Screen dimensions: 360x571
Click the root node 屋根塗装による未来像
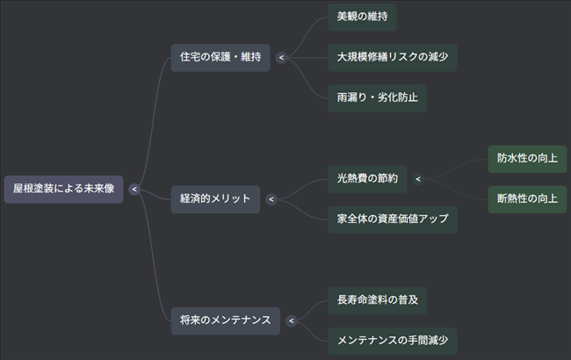pos(63,188)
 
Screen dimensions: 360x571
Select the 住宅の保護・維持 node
pos(220,57)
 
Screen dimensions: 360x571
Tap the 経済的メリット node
pos(215,198)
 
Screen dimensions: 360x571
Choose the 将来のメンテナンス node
pos(225,320)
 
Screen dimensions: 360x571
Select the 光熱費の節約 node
pos(367,178)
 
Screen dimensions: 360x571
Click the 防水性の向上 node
pos(527,159)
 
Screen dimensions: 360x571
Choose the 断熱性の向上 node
pos(527,198)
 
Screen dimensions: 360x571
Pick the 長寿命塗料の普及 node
pos(377,299)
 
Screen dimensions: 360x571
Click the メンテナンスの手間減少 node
pos(393,341)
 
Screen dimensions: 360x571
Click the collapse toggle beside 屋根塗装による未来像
pos(134,188)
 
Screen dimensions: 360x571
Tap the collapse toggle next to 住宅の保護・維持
pos(280,58)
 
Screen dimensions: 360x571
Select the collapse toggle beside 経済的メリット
pos(271,199)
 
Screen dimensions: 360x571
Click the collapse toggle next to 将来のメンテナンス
pos(290,320)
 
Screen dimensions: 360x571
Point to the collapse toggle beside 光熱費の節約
pos(418,179)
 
